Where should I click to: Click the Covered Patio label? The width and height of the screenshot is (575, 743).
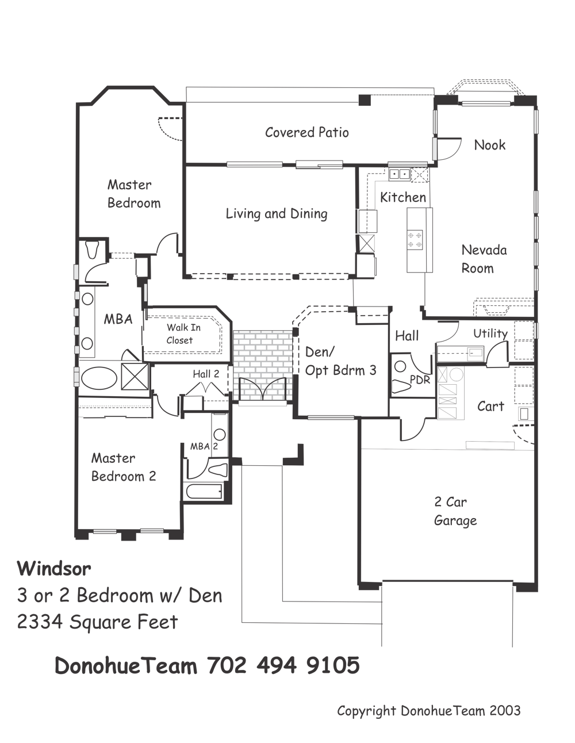306,132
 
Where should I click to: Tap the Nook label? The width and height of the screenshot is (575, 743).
489,145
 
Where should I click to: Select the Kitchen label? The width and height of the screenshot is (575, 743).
403,197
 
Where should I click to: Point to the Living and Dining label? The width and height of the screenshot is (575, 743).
277,214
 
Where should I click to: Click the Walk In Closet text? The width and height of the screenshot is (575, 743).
183,334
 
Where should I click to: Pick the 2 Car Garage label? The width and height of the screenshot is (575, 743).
455,511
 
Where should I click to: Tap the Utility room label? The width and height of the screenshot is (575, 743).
490,334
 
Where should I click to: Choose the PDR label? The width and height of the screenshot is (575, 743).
420,379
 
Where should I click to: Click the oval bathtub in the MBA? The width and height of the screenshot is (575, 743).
98,378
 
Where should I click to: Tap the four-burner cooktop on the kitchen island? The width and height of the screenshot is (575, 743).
415,239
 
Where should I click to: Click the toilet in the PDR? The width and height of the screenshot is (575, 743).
400,386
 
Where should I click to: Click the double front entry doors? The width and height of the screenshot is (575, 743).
263,389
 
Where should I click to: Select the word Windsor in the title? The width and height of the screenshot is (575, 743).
54,569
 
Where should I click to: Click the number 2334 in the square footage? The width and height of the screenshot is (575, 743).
40,622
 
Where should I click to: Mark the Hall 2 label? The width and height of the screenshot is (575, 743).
206,374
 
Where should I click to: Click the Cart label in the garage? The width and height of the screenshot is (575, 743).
490,407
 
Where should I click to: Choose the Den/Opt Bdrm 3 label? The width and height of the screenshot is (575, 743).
340,361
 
